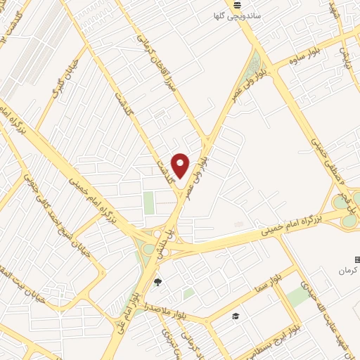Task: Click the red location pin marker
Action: click(x=181, y=165)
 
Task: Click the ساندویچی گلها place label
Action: click(x=237, y=15)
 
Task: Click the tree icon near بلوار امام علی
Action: click(x=157, y=283)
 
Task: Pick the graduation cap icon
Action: click(x=235, y=316)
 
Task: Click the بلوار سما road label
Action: click(x=269, y=283)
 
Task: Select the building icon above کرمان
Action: click(x=356, y=259)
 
